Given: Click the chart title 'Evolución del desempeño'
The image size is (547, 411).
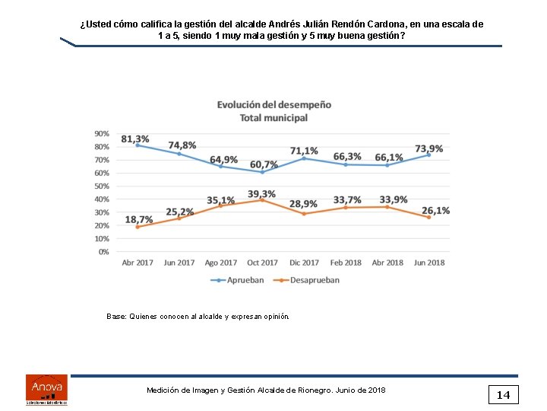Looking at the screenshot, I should click(x=273, y=104).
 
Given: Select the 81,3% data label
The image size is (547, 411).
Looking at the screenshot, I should click(x=135, y=139).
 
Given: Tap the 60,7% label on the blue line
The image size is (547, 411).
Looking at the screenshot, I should click(x=264, y=164).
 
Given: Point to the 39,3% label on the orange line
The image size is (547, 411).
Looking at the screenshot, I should click(x=261, y=194).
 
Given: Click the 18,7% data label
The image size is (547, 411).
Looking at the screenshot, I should click(x=139, y=219).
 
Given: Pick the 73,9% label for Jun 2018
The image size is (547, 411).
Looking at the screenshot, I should click(x=428, y=148).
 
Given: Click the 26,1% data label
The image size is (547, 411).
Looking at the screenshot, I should click(x=435, y=210).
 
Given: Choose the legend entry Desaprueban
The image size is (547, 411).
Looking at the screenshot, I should click(x=309, y=280).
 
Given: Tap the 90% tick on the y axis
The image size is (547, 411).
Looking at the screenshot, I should click(x=101, y=133).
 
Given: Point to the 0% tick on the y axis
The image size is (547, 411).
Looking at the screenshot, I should click(x=103, y=251).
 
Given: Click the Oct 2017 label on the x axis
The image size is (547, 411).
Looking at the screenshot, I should click(x=262, y=263).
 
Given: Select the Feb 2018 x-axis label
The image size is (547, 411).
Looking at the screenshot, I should click(x=346, y=263).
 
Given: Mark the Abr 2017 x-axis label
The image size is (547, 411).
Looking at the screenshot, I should click(x=138, y=263).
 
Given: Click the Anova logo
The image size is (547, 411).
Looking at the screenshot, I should click(x=46, y=388).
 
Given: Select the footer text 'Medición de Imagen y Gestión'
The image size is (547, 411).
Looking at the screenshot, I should click(x=266, y=390).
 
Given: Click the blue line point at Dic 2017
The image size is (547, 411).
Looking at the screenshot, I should click(x=304, y=158).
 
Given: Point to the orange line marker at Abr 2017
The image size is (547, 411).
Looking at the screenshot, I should click(x=138, y=227).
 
